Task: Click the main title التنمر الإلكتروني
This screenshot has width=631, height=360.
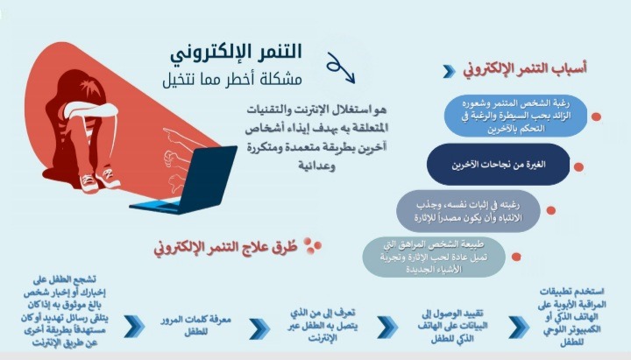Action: click(236, 53)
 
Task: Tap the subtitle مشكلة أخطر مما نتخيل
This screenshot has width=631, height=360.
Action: click(232, 79)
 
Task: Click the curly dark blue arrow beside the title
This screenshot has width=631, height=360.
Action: click(340, 67)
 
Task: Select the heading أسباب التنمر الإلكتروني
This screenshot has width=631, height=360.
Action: click(525, 69)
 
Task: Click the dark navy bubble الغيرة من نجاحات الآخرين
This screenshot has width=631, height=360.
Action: click(498, 164)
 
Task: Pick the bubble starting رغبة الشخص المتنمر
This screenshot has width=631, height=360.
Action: click(515, 116)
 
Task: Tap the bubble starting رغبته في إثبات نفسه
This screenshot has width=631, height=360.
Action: click(468, 211)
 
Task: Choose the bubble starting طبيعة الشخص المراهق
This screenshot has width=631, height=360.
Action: click(434, 257)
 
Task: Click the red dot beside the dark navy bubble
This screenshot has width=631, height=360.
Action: click(578, 167)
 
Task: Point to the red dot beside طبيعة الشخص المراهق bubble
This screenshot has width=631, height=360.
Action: click(516, 257)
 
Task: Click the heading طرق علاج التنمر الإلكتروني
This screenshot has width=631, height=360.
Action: click(225, 247)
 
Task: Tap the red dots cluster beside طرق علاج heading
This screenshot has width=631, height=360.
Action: click(312, 245)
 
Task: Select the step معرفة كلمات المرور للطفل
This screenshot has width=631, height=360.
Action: click(195, 326)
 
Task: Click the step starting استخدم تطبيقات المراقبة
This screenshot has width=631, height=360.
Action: click(571, 316)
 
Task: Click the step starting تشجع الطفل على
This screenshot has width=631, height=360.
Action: click(65, 311)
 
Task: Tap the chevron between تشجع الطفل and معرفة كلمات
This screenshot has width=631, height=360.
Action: click(134, 326)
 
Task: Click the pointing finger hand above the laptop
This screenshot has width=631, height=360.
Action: click(177, 138)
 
